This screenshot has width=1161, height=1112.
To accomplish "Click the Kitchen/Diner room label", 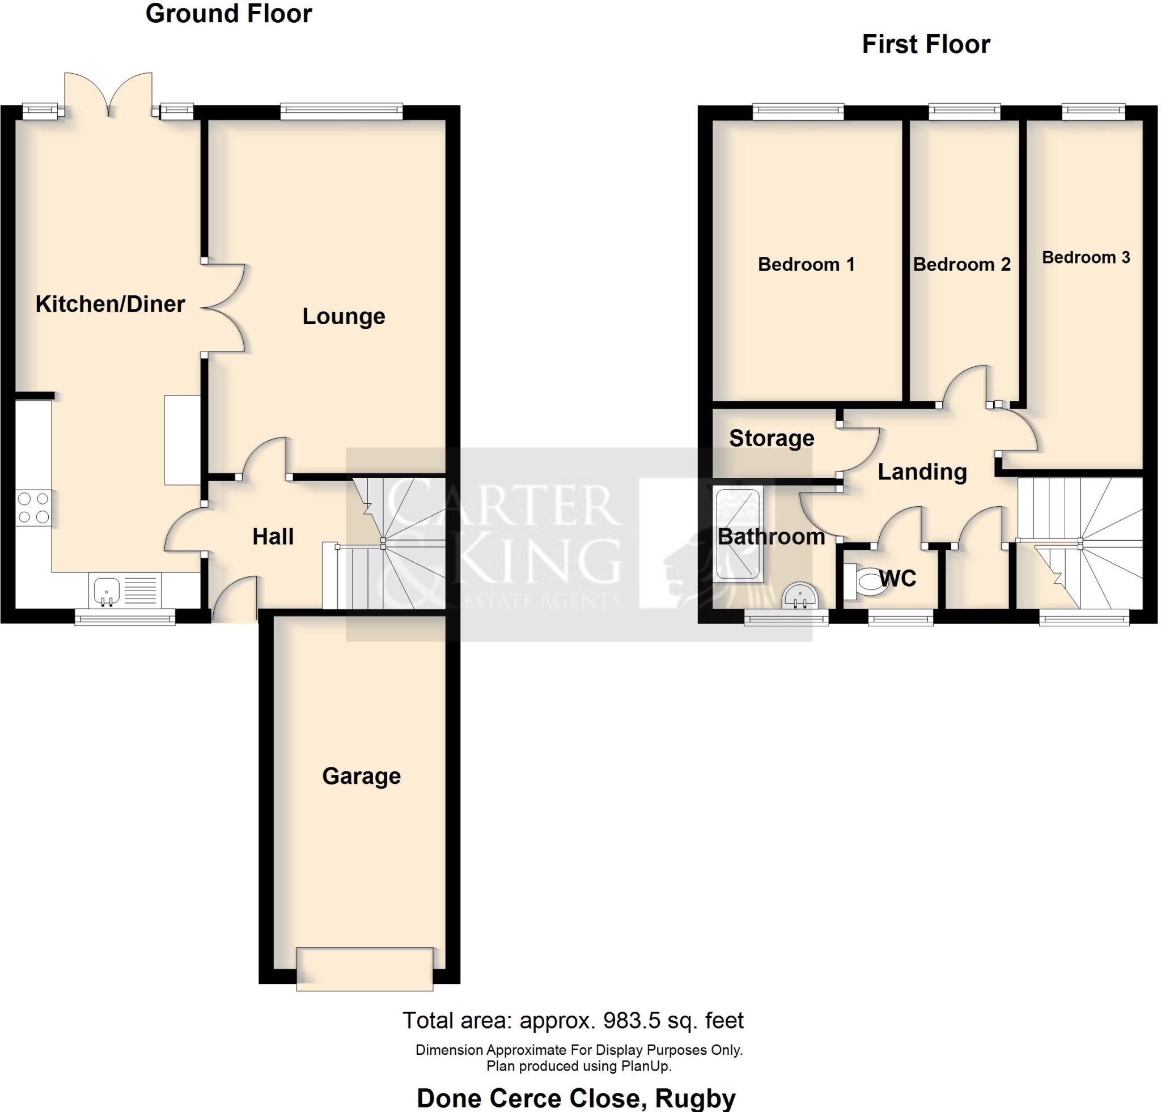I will click(x=110, y=304).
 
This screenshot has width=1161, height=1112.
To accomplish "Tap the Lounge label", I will click(x=344, y=316).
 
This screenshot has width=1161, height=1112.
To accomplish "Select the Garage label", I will click(x=361, y=776).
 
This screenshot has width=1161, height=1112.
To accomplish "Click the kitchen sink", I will click(x=107, y=591).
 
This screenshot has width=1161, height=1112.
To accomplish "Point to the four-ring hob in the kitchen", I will click(x=33, y=508).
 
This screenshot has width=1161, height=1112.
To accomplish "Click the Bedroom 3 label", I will click(x=1086, y=257).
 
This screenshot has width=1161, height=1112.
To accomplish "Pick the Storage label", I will click(x=771, y=438).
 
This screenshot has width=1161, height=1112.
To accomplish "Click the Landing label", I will click(x=922, y=472).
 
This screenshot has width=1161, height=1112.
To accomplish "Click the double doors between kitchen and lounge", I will click(x=224, y=308).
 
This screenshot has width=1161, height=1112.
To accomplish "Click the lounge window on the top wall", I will click(x=341, y=111).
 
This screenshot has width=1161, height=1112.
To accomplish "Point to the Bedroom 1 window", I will click(x=798, y=111).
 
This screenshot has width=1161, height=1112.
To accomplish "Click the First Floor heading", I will click(x=925, y=44).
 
